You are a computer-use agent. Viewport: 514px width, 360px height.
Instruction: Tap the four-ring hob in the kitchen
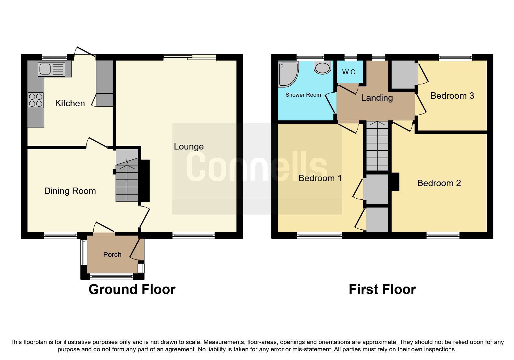pyautogui.click(x=36, y=100)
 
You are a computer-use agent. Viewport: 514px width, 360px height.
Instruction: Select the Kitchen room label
pyautogui.click(x=70, y=103)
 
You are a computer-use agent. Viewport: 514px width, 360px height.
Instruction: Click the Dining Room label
pyautogui.click(x=70, y=191)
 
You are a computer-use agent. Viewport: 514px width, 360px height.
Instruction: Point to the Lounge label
pyautogui.click(x=189, y=147)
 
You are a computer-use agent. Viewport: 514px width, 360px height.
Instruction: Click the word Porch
pyautogui.click(x=112, y=255)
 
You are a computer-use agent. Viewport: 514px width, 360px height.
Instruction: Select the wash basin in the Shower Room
pyautogui.click(x=322, y=68)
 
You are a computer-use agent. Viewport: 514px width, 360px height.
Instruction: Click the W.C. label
pyautogui.click(x=349, y=72)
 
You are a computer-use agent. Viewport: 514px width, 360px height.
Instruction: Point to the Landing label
pyautogui.click(x=377, y=98)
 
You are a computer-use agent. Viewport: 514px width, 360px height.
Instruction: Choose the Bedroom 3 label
pyautogui.click(x=452, y=96)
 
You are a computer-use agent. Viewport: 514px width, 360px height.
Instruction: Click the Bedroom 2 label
pyautogui.click(x=439, y=183)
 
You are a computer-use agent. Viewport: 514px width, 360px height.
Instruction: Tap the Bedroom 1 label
pyautogui.click(x=320, y=178)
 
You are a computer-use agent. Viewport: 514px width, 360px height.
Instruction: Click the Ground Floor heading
pyautogui.click(x=132, y=289)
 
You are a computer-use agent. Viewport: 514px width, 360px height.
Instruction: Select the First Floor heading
pyautogui.click(x=382, y=289)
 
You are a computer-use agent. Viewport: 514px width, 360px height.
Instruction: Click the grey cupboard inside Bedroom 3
pyautogui.click(x=403, y=74)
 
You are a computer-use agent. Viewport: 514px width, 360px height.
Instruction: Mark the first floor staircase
pyautogui.click(x=377, y=147)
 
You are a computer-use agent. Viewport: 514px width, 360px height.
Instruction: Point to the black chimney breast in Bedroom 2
pyautogui.click(x=395, y=182)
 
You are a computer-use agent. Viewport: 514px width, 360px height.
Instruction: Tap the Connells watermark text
pyautogui.click(x=257, y=167)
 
